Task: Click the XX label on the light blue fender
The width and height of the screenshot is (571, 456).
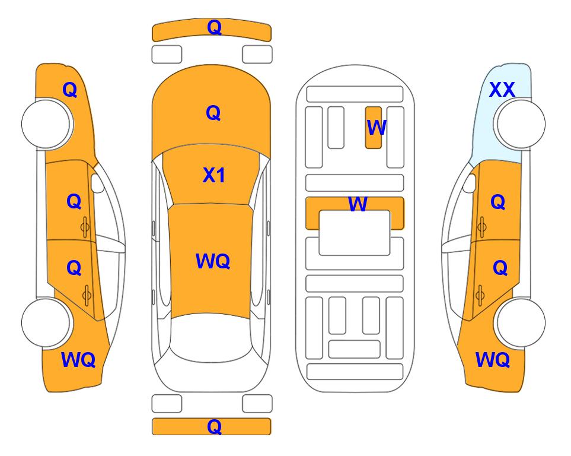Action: click(502, 90)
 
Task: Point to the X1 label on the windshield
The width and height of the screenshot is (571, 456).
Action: click(214, 175)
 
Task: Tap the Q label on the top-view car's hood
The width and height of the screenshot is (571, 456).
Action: click(213, 113)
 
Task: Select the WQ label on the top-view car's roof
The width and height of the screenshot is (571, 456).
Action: click(213, 261)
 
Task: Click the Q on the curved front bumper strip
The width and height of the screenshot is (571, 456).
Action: click(214, 27)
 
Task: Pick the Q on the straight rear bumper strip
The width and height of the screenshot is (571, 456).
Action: click(214, 426)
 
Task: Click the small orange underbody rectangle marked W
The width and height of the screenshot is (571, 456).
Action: click(374, 128)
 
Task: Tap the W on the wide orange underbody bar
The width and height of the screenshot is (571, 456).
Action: click(358, 204)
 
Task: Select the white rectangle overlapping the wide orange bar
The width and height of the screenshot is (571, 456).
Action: click(355, 233)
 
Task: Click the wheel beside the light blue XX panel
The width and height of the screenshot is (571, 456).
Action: click(519, 124)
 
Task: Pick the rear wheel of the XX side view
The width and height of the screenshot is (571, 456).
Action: click(519, 322)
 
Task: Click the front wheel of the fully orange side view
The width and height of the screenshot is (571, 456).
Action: click(47, 124)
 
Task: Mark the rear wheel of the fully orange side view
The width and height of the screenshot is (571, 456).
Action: click(47, 322)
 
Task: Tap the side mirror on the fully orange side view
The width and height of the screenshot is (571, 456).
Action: click(97, 183)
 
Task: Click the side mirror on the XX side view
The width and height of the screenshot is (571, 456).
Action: click(470, 183)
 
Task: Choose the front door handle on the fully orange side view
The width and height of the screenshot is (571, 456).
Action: click(85, 227)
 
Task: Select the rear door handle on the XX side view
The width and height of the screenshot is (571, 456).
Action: click(480, 295)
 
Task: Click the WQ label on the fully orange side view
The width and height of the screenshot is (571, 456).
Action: click(78, 360)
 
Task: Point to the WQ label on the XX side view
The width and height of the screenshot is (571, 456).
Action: click(493, 360)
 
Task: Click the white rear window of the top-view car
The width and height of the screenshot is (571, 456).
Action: click(211, 337)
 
